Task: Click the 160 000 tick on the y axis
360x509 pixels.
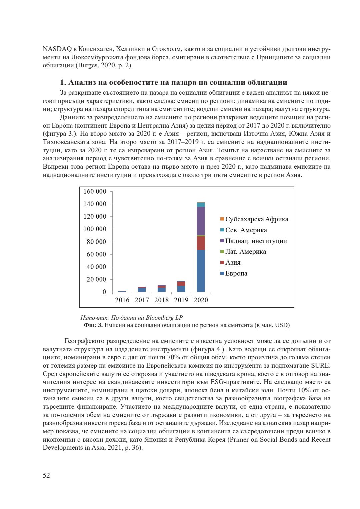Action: tap(95, 191)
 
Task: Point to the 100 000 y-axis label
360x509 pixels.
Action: tap(95, 229)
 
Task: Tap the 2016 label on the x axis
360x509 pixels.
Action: tap(122, 300)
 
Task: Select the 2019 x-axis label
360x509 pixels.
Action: tap(181, 300)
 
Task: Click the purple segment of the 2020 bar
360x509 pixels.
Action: tap(201, 221)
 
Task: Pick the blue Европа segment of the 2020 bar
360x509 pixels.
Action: tap(201, 271)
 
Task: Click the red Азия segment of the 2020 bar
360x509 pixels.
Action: tap(201, 243)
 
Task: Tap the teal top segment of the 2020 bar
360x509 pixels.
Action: tap(201, 204)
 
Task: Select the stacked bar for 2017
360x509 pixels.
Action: tap(142, 289)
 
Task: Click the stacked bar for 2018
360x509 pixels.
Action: tap(161, 289)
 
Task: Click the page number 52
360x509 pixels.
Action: tap(46, 475)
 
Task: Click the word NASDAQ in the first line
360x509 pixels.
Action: tap(57, 49)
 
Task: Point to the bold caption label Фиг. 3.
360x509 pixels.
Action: tap(93, 325)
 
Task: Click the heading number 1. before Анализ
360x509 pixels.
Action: tap(63, 82)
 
